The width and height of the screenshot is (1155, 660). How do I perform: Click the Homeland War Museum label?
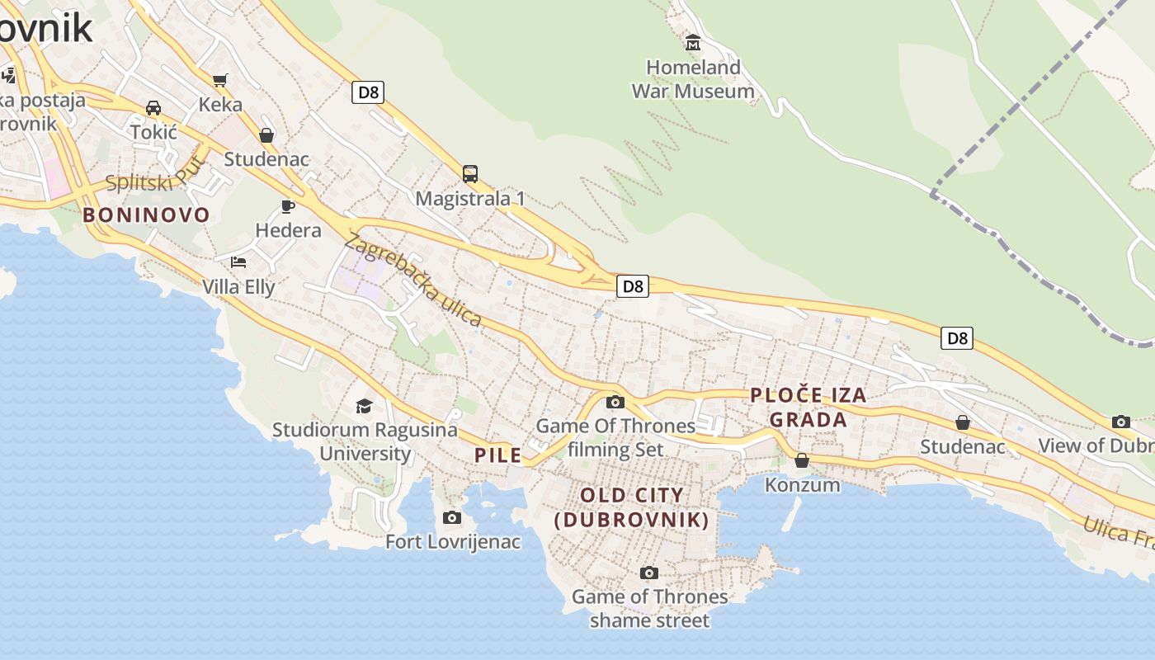coord(693,79)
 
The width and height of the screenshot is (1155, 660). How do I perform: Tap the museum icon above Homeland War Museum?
coord(693,42)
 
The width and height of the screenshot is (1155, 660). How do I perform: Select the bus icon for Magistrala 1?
coord(470,174)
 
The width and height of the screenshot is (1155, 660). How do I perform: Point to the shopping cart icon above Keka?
coord(219,80)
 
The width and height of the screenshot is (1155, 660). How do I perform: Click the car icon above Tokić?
coord(153,108)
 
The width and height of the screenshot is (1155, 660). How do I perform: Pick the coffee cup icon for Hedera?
coord(288,206)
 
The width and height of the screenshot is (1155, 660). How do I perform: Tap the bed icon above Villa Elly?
coord(238,262)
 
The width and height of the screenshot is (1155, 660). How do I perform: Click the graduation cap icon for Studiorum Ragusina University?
coord(364,405)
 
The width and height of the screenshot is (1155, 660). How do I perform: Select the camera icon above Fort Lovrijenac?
coord(452,517)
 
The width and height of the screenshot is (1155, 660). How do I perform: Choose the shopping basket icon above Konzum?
coord(802,460)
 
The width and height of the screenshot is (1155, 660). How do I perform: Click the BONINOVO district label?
coord(146,215)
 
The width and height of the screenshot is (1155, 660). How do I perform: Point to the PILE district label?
coord(497,455)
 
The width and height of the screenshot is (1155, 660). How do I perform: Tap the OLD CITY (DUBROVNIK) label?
coord(632,507)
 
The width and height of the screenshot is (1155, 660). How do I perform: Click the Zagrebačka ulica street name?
coord(412,279)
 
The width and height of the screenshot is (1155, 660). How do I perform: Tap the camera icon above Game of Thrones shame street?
coord(649,573)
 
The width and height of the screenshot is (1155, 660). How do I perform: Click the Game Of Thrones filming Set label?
coord(615,437)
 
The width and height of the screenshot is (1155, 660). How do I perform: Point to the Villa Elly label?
coord(238,287)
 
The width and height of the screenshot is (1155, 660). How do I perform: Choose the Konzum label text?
coord(802,484)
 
